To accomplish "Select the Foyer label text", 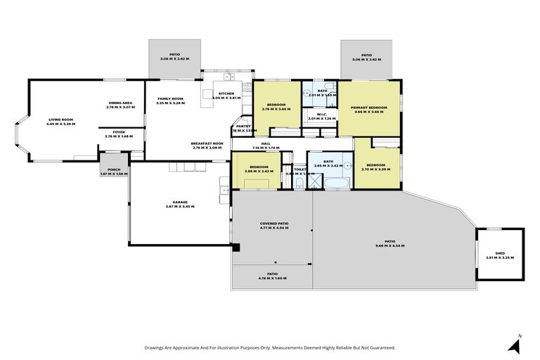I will click(x=114, y=133).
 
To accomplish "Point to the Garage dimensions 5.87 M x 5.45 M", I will click(x=179, y=206).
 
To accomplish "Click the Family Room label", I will click(x=169, y=99).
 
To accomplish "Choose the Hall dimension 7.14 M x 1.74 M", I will click(x=266, y=148).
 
